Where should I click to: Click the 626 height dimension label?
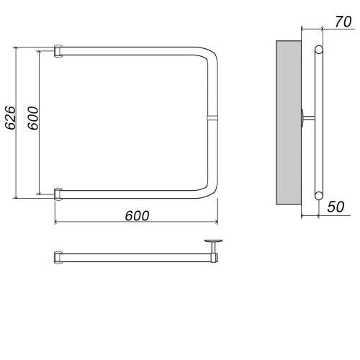point(11,117)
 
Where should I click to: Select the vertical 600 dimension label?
point(33,118)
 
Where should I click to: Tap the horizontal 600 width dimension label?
point(137,216)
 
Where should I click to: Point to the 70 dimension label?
point(343,22)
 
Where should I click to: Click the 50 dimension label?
point(336,207)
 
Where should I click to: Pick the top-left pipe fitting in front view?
point(58,51)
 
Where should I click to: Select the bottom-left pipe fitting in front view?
point(58,194)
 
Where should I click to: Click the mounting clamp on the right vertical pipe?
point(212,118)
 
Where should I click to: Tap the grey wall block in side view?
point(289,122)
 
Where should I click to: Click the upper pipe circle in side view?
point(319,50)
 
